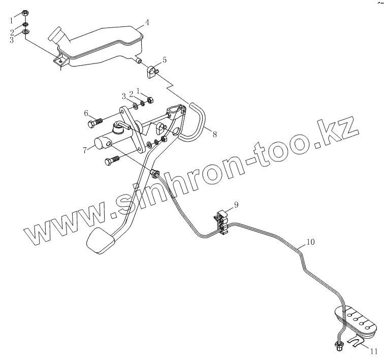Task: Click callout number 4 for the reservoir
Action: coord(146,22)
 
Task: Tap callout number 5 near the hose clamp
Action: coord(164,59)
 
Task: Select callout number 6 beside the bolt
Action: coord(86,113)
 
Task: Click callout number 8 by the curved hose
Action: coord(214,135)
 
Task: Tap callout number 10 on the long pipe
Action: coord(310,242)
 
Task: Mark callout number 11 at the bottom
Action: coord(373,351)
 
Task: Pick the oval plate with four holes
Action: coord(356,320)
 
